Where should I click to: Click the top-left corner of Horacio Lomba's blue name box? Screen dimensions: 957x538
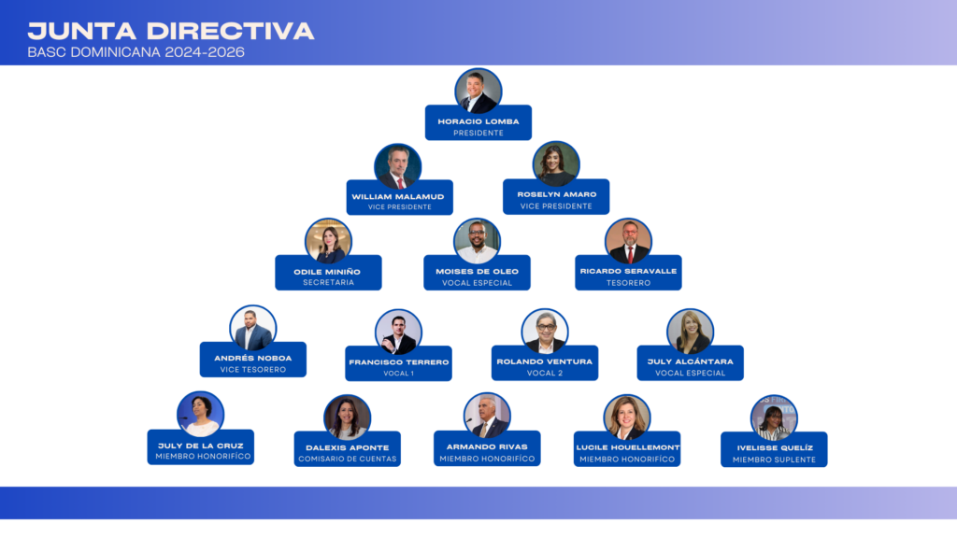pos(425,106)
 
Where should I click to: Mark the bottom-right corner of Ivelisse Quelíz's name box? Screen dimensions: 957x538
pos(827,467)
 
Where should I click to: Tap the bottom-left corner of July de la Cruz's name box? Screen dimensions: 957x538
pos(148,464)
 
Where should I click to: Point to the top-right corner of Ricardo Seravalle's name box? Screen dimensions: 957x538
pos(681,256)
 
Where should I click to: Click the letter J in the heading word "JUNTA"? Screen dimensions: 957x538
pos(36,31)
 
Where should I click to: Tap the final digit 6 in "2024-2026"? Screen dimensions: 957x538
pos(239,52)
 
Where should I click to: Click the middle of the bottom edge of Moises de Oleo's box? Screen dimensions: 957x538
pos(477,290)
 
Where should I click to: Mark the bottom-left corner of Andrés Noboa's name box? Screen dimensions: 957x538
pos(200,376)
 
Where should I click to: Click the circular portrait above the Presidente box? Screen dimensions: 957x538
pos(478,91)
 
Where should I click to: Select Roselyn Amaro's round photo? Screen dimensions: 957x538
pos(556,164)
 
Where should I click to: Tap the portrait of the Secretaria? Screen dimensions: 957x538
pos(328,242)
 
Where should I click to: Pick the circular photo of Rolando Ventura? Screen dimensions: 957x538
pos(545,332)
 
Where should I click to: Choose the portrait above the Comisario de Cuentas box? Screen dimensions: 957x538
pos(348,418)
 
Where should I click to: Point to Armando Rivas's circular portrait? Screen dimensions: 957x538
pos(487,416)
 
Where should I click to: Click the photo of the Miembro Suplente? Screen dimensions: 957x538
pos(774,418)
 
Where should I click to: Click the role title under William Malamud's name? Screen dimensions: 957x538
pos(400,207)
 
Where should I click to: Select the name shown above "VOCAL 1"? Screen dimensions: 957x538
pos(398,362)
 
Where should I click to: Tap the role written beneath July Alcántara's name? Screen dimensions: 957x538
pos(691,374)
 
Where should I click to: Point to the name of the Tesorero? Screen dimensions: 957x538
pos(628,272)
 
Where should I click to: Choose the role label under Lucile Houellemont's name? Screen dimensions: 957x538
pos(627,460)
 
